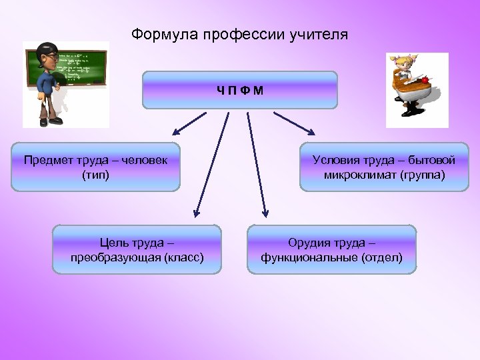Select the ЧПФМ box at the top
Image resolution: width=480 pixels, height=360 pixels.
(x=240, y=90)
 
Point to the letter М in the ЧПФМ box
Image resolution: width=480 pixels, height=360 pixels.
(x=259, y=90)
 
